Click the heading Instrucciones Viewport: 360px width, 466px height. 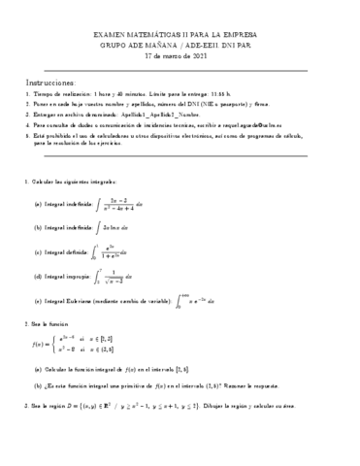(47, 83)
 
